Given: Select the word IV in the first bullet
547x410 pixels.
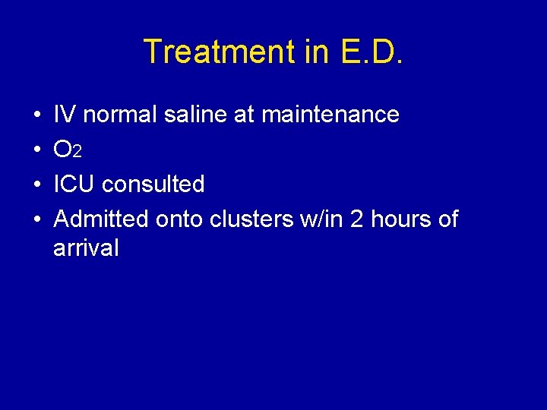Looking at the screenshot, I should pyautogui.click(x=65, y=115).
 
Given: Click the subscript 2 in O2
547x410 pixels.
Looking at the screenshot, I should pyautogui.click(x=77, y=153).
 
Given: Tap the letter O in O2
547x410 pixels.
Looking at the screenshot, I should pyautogui.click(x=63, y=150).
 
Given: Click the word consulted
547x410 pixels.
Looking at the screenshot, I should pyautogui.click(x=153, y=184).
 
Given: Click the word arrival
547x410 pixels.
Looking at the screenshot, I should pyautogui.click(x=86, y=248).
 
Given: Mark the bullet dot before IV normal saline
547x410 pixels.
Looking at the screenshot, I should pyautogui.click(x=37, y=115).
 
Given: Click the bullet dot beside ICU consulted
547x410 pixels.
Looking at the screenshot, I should pyautogui.click(x=37, y=185).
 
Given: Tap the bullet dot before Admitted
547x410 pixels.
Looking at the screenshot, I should pyautogui.click(x=37, y=220).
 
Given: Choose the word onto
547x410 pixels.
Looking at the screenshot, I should pyautogui.click(x=179, y=219).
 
